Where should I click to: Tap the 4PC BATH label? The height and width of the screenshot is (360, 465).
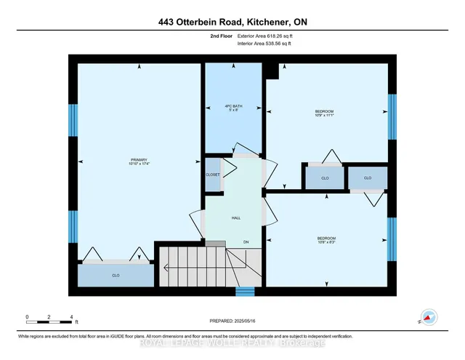[232, 108]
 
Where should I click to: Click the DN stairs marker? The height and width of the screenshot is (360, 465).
[246, 242]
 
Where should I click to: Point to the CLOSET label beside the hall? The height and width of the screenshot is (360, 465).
[213, 175]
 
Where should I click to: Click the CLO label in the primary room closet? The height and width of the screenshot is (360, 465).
[116, 276]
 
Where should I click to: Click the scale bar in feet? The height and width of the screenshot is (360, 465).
[49, 318]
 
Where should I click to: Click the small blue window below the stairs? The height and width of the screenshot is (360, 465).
[246, 292]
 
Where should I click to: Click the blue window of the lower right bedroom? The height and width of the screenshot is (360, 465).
[392, 237]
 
